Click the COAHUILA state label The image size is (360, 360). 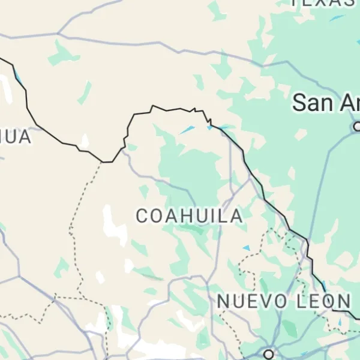(x=189, y=216)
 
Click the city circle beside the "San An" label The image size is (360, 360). (x=357, y=126)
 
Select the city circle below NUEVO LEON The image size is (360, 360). (x=268, y=353)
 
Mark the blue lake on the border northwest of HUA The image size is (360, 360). (x=18, y=77)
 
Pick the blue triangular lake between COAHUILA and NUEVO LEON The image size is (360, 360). (x=246, y=247)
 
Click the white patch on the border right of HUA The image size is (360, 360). (x=85, y=142)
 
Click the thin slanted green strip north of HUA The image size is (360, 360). (x=85, y=93)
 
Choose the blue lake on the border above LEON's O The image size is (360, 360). (x=340, y=323)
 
